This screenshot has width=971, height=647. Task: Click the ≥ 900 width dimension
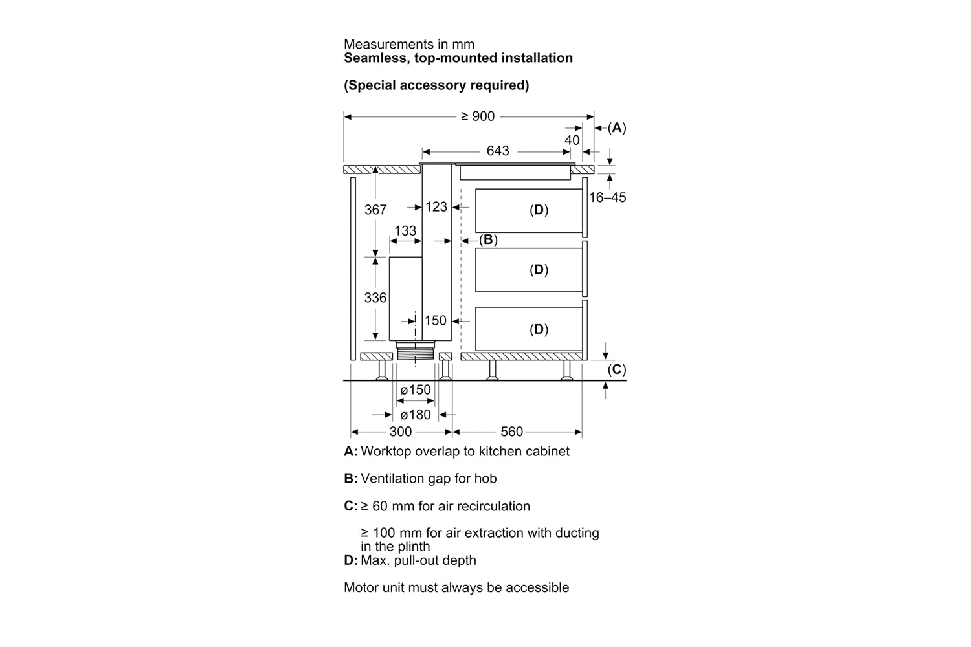pos(477,116)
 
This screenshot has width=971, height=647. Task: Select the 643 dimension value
pos(497,151)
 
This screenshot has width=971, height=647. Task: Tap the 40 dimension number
pos(572,140)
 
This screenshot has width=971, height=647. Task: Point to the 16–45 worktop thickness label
pos(607,197)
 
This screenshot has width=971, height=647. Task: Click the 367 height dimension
pos(375,210)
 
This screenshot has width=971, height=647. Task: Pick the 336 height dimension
pos(375,298)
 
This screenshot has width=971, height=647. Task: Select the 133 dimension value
pos(405,230)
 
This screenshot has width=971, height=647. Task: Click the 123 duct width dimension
pos(436,207)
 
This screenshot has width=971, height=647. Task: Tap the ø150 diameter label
pos(416,390)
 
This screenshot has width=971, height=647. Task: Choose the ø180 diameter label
pos(416,415)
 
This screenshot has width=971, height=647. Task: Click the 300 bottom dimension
pos(400,432)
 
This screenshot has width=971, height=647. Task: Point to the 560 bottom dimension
pos(511,432)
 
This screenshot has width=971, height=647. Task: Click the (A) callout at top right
pos(617,128)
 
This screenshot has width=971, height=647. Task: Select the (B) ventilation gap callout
pos(488,239)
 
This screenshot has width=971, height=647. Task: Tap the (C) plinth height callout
pos(617,369)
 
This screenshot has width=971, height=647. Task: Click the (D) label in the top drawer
pos(539,210)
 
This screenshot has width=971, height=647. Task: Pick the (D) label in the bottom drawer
pos(539,330)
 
